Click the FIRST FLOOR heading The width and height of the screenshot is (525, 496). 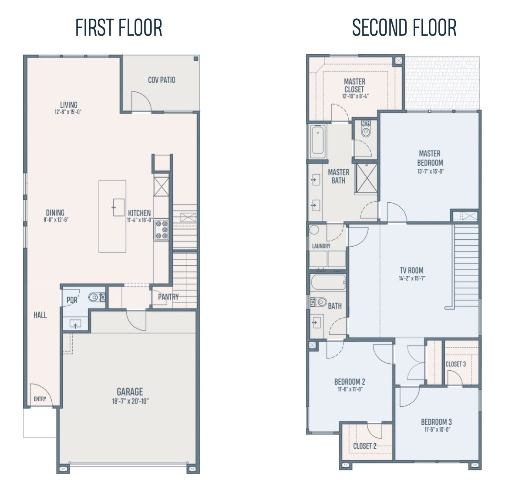point(119,27)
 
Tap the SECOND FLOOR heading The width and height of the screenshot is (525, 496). point(404,27)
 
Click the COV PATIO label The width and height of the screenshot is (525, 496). point(162,80)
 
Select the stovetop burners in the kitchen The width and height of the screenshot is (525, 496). point(162,229)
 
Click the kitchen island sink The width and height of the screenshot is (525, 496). point(118,207)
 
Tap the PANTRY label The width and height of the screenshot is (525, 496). point(168,297)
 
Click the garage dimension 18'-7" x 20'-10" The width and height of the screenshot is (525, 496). point(130,401)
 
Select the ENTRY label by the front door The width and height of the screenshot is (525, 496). point(40,399)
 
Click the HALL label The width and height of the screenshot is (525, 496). point(40,315)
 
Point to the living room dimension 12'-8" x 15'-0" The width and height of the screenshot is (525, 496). point(68,112)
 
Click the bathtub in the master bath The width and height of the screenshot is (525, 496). point(317,141)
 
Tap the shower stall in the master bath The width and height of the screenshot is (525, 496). point(367,178)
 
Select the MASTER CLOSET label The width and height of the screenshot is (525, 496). point(355,85)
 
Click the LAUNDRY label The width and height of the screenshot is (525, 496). point(321,246)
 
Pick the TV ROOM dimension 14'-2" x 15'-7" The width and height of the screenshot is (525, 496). point(412,278)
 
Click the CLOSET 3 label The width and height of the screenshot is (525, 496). point(456,364)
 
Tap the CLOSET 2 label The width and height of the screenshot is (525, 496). point(365,446)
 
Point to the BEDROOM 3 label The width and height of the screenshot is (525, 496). point(436,422)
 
